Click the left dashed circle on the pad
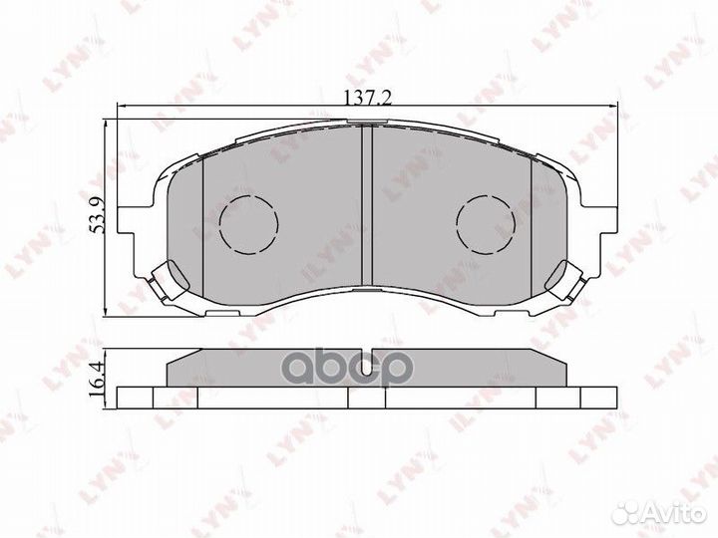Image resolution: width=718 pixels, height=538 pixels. tap(246, 222)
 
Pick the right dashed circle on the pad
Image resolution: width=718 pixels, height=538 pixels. tap(483, 222)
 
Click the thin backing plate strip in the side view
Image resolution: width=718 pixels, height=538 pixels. tap(299, 397)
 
